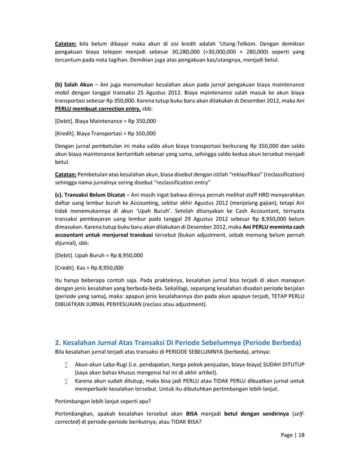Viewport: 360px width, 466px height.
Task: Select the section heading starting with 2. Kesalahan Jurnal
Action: (x=178, y=342)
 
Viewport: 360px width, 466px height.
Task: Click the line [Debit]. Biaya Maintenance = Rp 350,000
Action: (x=106, y=121)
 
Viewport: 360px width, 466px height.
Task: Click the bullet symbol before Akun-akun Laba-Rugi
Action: (x=66, y=365)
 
